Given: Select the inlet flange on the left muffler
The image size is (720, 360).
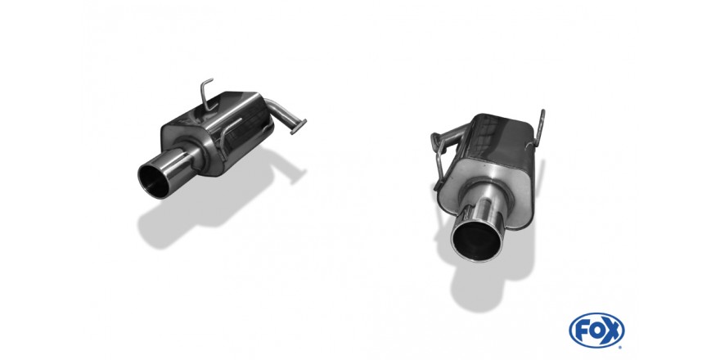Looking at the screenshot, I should [299, 125].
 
